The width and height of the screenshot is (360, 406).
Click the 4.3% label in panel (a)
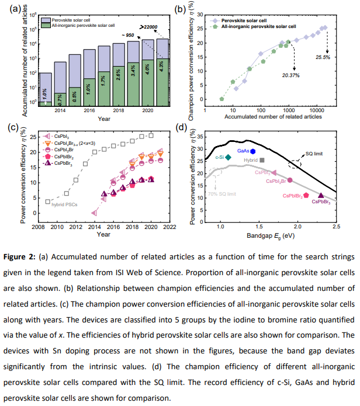(x=161, y=67)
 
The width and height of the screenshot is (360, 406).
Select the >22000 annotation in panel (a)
(x=148, y=27)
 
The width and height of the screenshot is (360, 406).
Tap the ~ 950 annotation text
(x=128, y=35)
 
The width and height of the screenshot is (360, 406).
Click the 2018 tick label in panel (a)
(x=119, y=110)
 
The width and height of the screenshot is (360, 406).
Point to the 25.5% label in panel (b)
(x=323, y=57)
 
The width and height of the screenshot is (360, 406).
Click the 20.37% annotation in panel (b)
(x=290, y=75)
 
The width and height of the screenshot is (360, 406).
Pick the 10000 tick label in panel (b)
(x=317, y=110)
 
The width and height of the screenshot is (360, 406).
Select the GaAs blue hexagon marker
(x=253, y=151)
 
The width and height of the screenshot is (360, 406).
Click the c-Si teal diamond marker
(x=228, y=157)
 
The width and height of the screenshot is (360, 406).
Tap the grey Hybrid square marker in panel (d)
(x=262, y=160)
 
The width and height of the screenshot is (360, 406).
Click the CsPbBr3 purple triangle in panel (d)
(x=321, y=196)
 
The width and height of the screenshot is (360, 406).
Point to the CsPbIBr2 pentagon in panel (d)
(x=306, y=195)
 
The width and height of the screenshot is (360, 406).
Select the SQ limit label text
(x=314, y=154)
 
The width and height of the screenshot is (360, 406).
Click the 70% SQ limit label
(x=222, y=194)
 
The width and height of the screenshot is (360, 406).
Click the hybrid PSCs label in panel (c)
(x=64, y=204)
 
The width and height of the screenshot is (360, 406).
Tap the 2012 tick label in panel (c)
(x=75, y=227)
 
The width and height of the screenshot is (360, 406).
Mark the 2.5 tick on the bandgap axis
(x=336, y=227)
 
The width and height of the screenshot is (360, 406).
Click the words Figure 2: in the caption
(x=19, y=257)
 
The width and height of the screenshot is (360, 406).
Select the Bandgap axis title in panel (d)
(x=271, y=236)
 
